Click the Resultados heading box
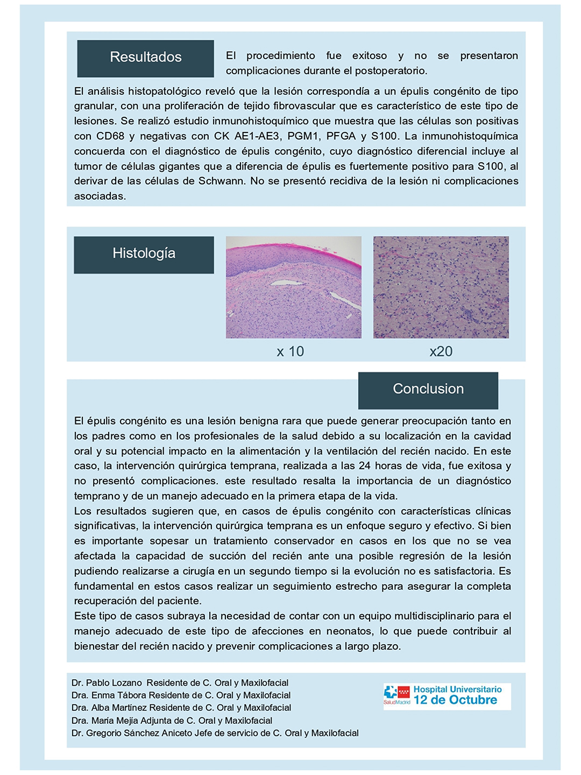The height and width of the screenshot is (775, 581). [145, 58]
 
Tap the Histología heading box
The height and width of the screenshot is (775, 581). [144, 254]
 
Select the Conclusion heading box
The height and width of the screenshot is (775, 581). [428, 390]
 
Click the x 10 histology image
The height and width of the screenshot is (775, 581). [293, 287]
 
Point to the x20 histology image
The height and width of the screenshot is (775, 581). [441, 287]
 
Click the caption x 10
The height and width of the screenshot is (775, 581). [290, 351]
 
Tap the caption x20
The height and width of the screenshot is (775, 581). [441, 351]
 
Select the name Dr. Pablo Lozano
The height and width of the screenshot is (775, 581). [107, 683]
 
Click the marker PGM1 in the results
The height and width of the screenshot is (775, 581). [303, 136]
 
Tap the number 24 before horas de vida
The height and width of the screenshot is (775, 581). [364, 466]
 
